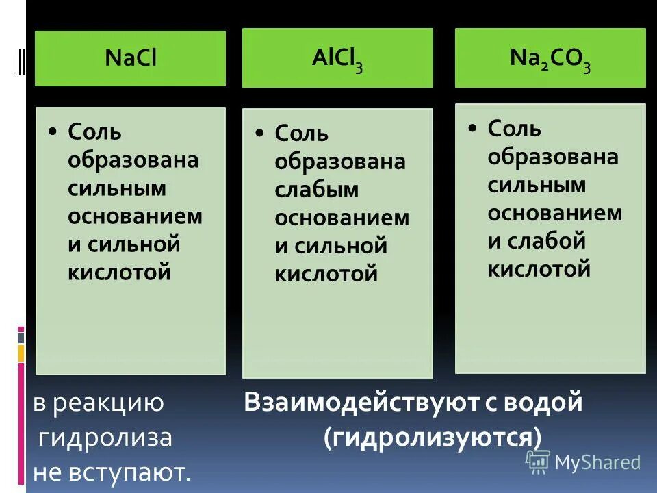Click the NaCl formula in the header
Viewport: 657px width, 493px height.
click(x=131, y=58)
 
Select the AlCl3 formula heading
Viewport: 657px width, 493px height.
click(x=337, y=59)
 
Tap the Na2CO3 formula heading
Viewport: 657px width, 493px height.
click(x=550, y=59)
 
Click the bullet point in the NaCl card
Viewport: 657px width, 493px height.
click(x=53, y=131)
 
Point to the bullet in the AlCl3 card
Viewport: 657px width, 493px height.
click(x=259, y=133)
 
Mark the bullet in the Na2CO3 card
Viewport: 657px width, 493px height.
click(x=472, y=128)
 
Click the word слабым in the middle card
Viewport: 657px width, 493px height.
click(x=317, y=190)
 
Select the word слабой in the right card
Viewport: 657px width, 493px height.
click(x=547, y=241)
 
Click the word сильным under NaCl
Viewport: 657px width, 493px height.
click(x=117, y=188)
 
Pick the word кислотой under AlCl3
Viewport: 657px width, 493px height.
click(x=326, y=274)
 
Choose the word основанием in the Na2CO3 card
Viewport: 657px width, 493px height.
click(x=555, y=213)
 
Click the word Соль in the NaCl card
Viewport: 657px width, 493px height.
click(x=94, y=131)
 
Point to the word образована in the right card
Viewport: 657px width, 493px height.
click(x=553, y=157)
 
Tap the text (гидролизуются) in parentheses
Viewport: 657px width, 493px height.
click(x=433, y=437)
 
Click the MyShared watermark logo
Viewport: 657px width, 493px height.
click(x=583, y=462)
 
